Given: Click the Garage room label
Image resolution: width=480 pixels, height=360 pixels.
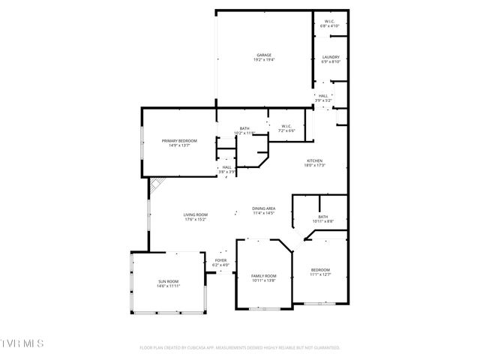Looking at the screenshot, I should pos(264,55).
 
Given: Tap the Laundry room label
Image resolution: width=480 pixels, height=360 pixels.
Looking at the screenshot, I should pos(331,58).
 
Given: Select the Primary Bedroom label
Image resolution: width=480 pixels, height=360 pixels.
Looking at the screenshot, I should pos(179,141).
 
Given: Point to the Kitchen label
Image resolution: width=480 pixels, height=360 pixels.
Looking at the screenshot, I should pos(314,161).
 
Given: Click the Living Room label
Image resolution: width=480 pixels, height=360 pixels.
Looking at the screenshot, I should pos(195,215).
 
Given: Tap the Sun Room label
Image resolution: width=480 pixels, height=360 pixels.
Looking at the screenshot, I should pos(168,281).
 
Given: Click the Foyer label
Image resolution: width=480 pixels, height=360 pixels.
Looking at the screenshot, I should pos(220,260).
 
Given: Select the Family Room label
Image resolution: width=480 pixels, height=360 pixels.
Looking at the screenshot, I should pos(263,276).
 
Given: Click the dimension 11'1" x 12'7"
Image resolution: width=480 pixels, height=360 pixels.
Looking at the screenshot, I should pos(319,274).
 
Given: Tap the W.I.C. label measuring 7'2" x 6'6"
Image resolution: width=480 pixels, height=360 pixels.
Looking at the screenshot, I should pos(286,126).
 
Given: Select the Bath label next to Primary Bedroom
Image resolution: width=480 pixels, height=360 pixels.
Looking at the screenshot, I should pos(244,128).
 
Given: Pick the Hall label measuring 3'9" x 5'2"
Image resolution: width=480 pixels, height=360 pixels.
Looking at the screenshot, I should pos(323,96).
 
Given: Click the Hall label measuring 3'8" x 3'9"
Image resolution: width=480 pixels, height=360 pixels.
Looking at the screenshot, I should pos(226,167).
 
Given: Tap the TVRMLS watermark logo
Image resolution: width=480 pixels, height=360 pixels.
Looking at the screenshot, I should pos(22,344).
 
